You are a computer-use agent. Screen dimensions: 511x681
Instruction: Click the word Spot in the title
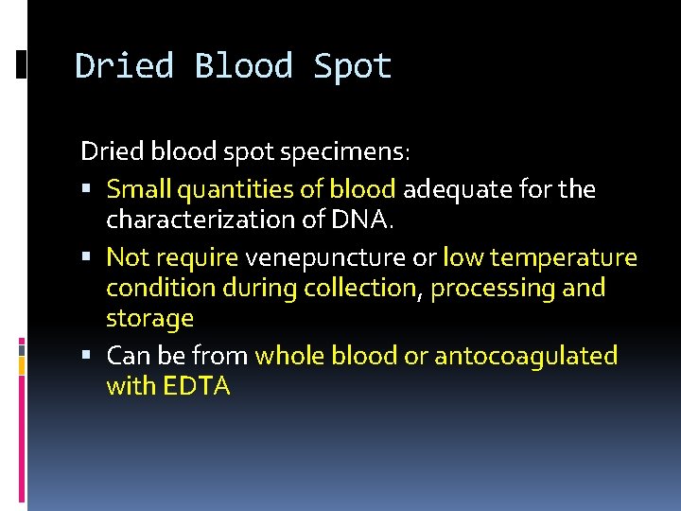coord(352,67)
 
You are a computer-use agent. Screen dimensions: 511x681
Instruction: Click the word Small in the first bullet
coord(136,189)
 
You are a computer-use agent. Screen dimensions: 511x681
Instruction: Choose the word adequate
coord(449,189)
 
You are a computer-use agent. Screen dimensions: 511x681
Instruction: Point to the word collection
coord(359,288)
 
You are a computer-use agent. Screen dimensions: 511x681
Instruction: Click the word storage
coord(149,319)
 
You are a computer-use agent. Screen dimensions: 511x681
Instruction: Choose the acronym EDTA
coord(197,386)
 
